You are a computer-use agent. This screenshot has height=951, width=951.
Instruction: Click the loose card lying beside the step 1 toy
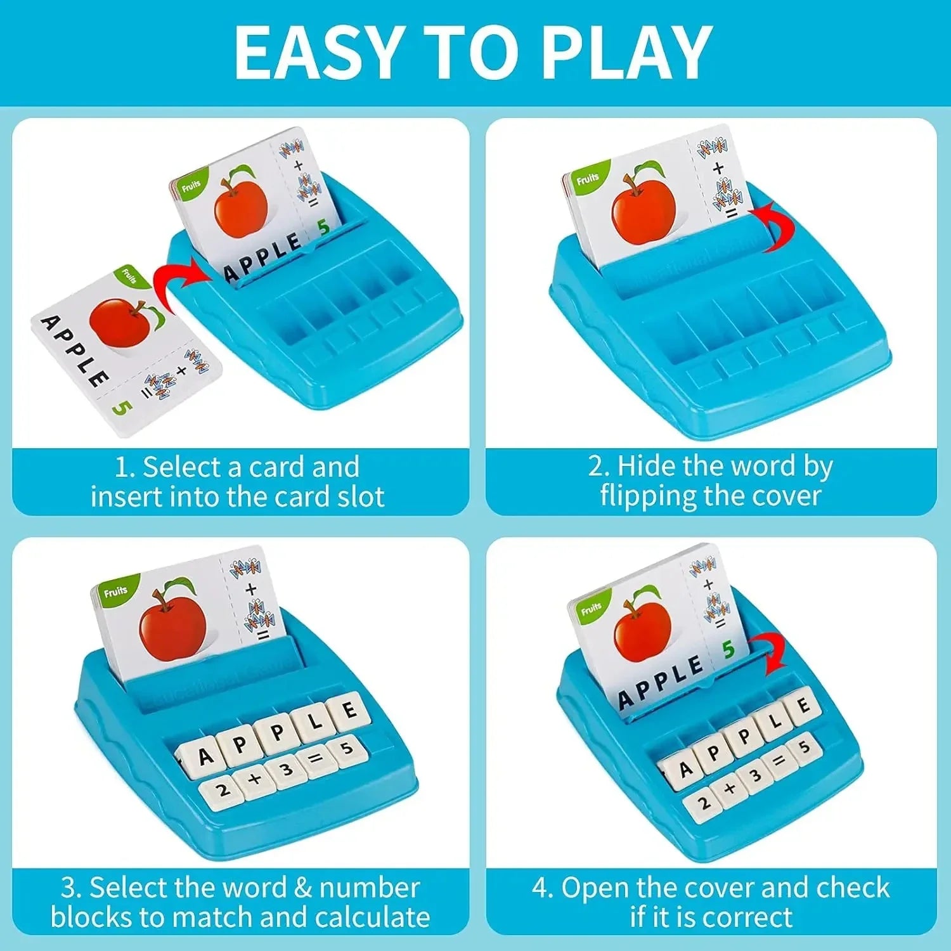click(x=124, y=349)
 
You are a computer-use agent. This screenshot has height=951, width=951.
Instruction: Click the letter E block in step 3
click(x=348, y=710)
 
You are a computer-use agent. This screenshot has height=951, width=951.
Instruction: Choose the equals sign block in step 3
click(x=316, y=758)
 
